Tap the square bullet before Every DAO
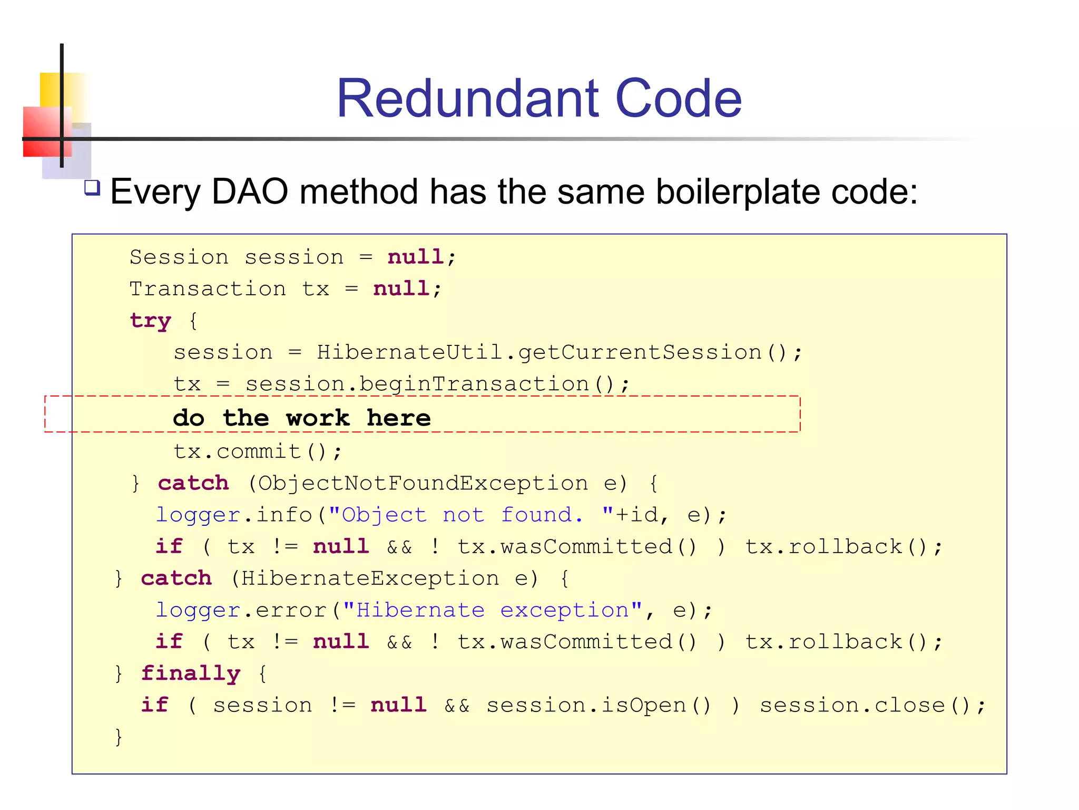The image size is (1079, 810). pyautogui.click(x=92, y=188)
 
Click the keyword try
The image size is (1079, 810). pyautogui.click(x=150, y=321)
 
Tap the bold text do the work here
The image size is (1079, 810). pyautogui.click(x=302, y=418)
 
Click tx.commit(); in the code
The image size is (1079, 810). pyautogui.click(x=258, y=451)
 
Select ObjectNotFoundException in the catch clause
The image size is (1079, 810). pyautogui.click(x=423, y=483)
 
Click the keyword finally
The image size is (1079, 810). pyautogui.click(x=190, y=673)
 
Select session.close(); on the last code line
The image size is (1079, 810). pyautogui.click(x=872, y=705)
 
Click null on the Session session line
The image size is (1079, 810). pyautogui.click(x=415, y=257)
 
